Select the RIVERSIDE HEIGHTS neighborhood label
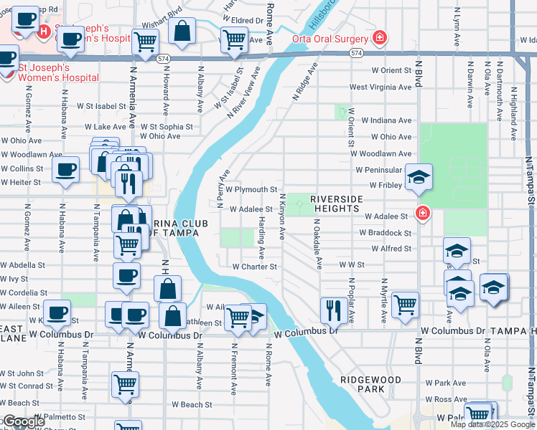pyautogui.click(x=335, y=203)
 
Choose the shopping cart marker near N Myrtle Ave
pyautogui.click(x=406, y=304)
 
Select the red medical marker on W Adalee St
pyautogui.click(x=423, y=213)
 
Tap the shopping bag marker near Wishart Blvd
pyautogui.click(x=182, y=30)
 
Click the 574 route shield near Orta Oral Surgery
pyautogui.click(x=356, y=54)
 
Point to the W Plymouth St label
pyautogui.click(x=251, y=190)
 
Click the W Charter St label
pyautogui.click(x=254, y=267)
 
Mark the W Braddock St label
pyautogui.click(x=385, y=233)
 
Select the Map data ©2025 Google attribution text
pyautogui.click(x=492, y=424)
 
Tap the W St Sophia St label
pyautogui.click(x=167, y=126)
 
